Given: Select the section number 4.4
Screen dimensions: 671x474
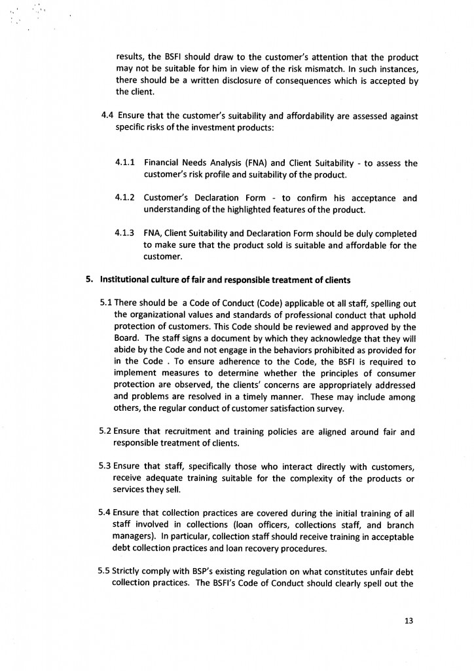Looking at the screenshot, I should [108, 116].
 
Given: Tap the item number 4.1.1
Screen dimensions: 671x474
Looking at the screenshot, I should [125, 163].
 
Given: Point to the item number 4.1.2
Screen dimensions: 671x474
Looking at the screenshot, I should [125, 197].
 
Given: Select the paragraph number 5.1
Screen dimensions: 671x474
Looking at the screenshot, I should [106, 303].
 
